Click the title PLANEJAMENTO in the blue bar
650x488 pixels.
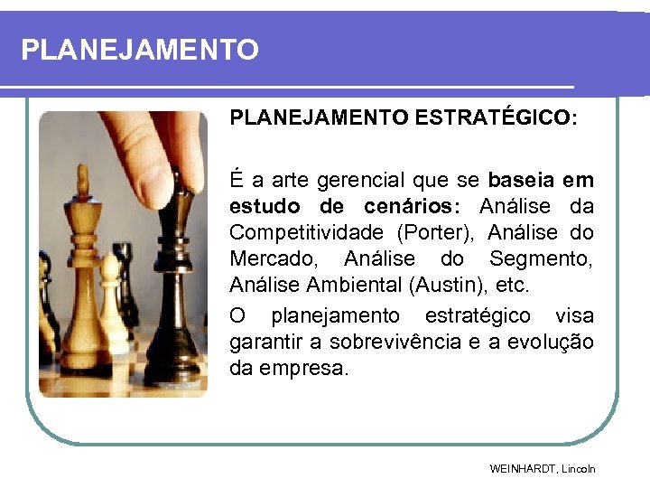[140, 50]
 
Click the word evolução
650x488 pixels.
[554, 343]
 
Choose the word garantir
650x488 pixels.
[268, 343]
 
